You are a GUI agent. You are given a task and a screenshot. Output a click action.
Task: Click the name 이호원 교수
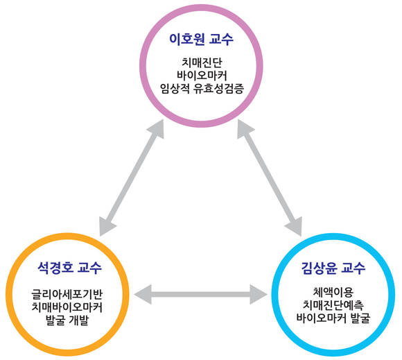(x=201, y=40)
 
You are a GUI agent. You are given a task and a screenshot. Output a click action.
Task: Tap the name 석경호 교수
(x=69, y=268)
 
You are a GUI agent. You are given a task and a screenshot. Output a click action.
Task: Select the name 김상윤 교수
(x=333, y=268)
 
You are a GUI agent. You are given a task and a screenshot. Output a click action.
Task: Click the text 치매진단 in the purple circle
(x=202, y=62)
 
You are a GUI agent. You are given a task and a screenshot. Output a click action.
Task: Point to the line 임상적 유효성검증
(x=202, y=89)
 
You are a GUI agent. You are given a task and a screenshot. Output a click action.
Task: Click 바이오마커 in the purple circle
(x=202, y=76)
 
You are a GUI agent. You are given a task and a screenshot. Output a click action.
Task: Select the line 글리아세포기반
(x=67, y=294)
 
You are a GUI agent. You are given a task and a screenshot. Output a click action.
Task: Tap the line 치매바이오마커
(x=67, y=307)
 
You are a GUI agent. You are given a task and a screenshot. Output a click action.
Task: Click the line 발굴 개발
(x=67, y=320)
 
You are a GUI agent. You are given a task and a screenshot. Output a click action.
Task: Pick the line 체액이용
(x=333, y=292)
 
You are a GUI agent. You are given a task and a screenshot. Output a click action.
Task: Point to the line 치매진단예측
(x=333, y=305)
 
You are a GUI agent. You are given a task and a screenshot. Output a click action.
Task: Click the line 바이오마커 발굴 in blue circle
(x=333, y=318)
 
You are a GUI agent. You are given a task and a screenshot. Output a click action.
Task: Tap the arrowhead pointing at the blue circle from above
(x=295, y=226)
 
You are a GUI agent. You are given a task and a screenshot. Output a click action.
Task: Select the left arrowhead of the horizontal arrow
(x=143, y=294)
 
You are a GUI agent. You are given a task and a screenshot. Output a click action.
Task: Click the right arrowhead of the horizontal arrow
(x=259, y=294)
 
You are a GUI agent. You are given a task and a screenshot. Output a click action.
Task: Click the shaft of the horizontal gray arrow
(x=201, y=294)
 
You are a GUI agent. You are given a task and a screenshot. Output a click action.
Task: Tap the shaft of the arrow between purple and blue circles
(x=270, y=178)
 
